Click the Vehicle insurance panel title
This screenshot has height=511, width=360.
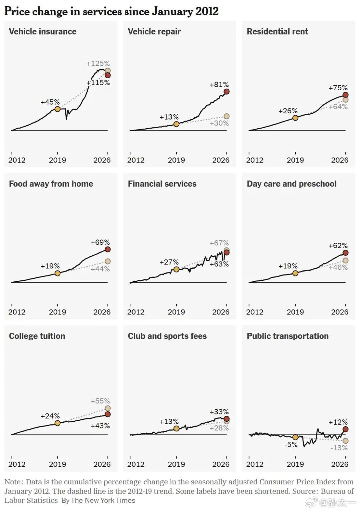pos(43,32)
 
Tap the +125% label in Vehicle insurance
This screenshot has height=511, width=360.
pos(98,63)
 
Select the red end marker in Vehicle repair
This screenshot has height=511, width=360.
pos(226,92)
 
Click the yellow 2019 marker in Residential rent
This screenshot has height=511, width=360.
pos(295,118)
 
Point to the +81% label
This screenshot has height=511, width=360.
pos(219,84)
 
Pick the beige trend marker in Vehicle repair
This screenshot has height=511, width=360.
pos(226,116)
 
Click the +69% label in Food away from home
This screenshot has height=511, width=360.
pos(100,242)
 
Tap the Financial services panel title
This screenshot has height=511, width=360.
pos(162,184)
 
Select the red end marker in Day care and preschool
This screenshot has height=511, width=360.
pos(345,253)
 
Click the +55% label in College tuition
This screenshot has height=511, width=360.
pos(100,401)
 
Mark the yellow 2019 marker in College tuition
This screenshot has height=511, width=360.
pos(58,423)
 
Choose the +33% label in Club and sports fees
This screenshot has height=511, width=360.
pos(219,412)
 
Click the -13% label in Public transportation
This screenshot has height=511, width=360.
pos(339,448)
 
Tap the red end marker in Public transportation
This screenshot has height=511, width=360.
pos(345,429)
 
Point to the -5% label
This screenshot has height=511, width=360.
pos(291,444)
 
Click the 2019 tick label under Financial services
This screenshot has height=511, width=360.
pos(176,312)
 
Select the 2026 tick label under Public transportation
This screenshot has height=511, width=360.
pos(340,464)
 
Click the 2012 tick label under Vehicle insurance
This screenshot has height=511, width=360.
pos(17,160)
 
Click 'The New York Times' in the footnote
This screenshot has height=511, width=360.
pos(103,500)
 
